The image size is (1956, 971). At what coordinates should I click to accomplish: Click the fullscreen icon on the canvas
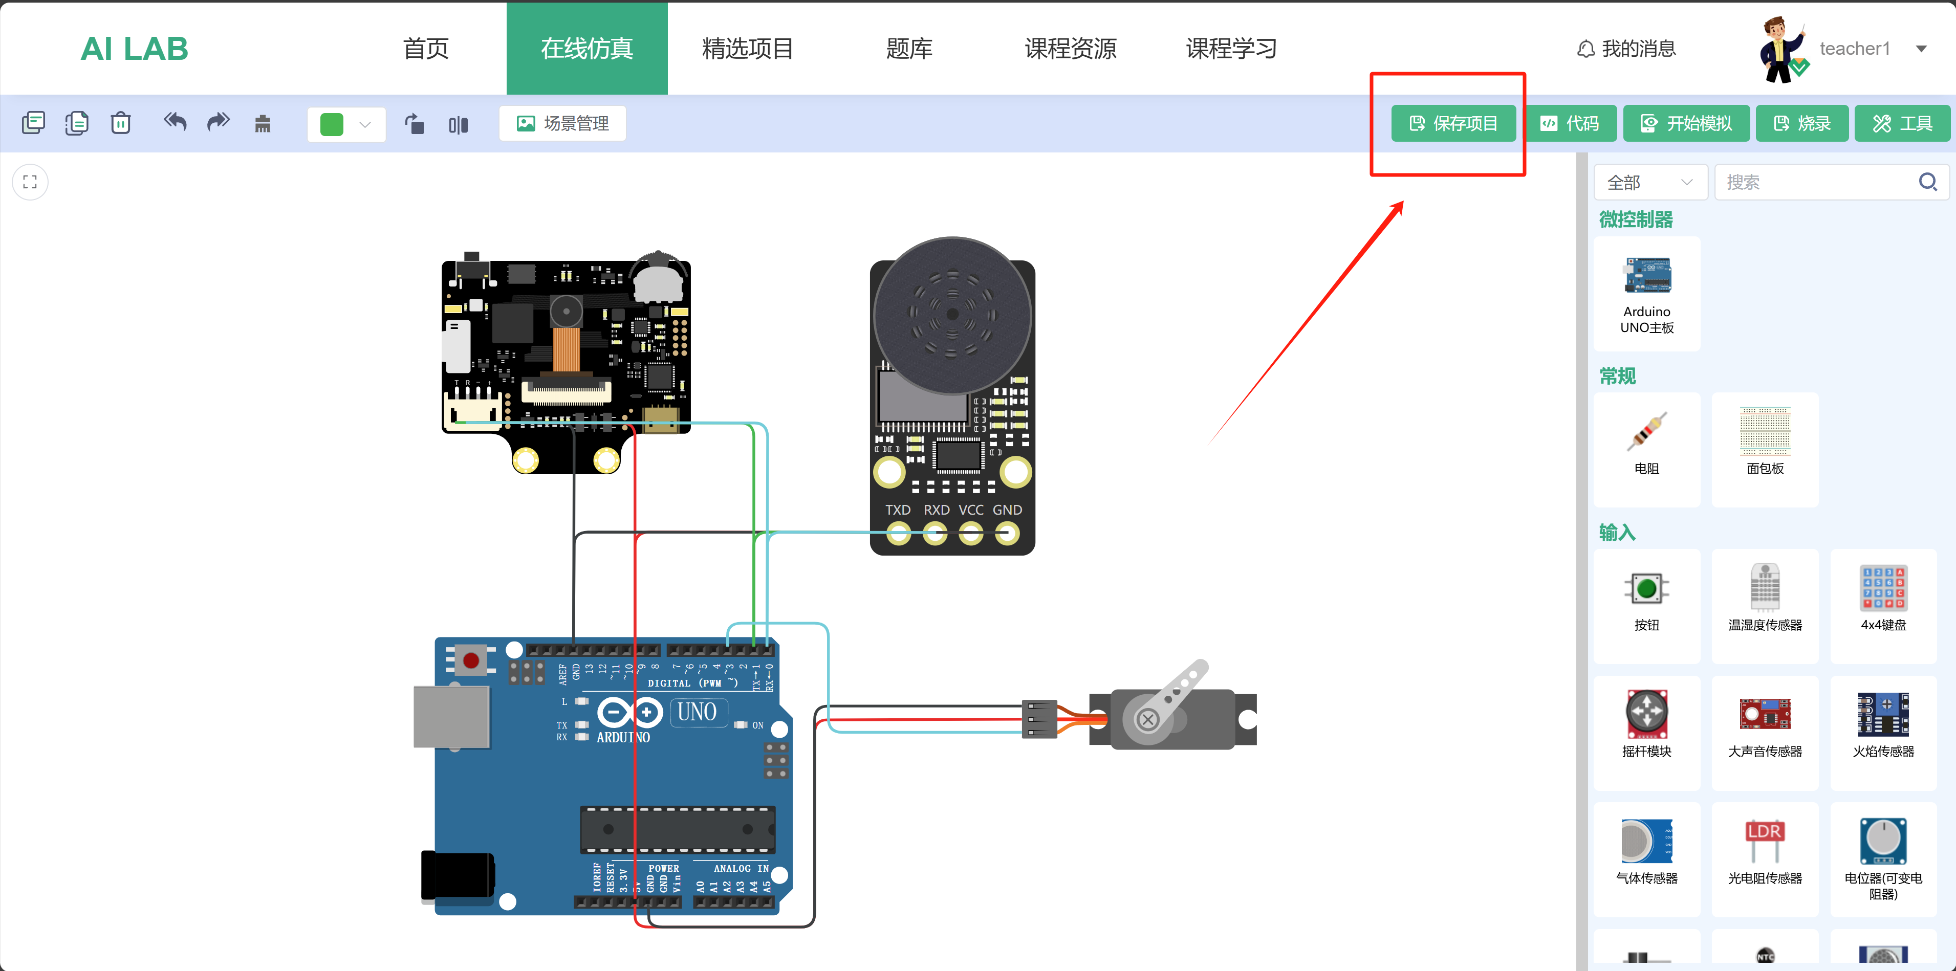click(30, 182)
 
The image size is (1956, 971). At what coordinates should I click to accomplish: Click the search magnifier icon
click(1927, 182)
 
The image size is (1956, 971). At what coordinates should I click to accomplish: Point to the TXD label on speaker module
click(898, 510)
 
